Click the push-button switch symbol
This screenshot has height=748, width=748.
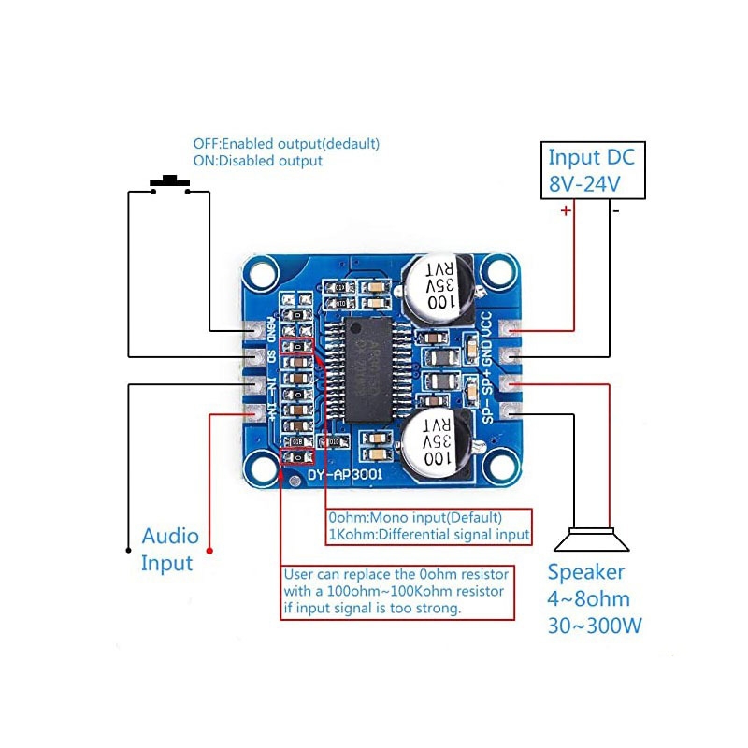170,184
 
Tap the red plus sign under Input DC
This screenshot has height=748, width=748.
565,211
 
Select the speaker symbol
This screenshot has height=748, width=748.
592,539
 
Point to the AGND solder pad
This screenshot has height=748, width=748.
254,329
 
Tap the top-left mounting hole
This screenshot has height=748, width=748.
261,274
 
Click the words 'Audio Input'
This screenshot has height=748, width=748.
169,550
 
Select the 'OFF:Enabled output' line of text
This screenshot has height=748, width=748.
286,144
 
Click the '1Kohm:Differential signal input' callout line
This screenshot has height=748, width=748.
428,535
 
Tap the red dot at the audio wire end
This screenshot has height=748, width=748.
209,549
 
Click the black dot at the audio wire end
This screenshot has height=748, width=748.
128,549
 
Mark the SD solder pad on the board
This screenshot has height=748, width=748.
254,356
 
